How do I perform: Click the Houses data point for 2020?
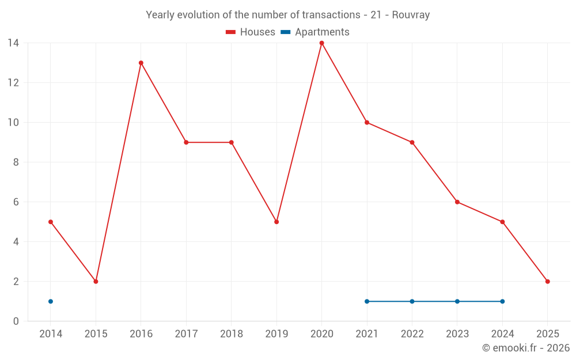[321, 43]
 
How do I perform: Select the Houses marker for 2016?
[141, 63]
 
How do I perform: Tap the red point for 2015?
[96, 282]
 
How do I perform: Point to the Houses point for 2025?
[547, 282]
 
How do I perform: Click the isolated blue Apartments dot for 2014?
[51, 301]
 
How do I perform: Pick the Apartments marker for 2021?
[367, 301]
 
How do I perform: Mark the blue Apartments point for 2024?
[502, 301]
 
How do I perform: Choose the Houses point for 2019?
[276, 222]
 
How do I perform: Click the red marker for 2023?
[457, 202]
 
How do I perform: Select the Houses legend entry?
[251, 32]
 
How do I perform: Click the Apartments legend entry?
[315, 32]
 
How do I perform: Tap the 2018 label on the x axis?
[232, 334]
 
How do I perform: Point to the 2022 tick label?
[412, 334]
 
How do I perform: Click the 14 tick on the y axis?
[13, 43]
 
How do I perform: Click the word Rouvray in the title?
[411, 15]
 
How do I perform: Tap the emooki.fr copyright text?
[525, 348]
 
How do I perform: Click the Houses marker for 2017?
[186, 142]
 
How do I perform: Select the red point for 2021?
[367, 122]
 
